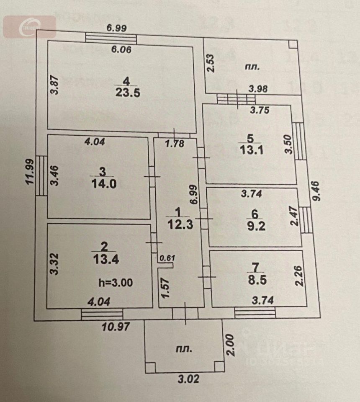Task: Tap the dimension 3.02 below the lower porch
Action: tap(187, 379)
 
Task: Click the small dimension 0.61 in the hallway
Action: tap(167, 258)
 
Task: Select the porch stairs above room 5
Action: tap(237, 99)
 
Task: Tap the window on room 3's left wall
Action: tap(41, 176)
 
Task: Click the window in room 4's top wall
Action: tap(111, 38)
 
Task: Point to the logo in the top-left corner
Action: tap(30, 27)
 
